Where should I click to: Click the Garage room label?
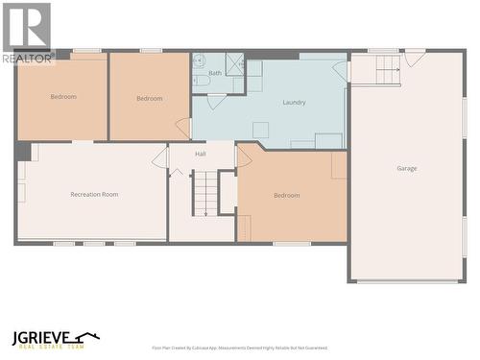[x=407, y=168]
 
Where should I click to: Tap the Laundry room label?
[x=294, y=103]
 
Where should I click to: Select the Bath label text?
[x=215, y=73]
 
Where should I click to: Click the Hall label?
[x=201, y=154]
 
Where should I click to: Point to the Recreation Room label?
[x=94, y=195]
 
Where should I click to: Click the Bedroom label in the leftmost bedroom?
[x=63, y=97]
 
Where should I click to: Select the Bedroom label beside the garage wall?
[x=286, y=196]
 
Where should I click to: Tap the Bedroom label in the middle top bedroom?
[x=149, y=98]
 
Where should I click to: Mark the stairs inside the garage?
[x=387, y=69]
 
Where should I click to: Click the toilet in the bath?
[x=199, y=61]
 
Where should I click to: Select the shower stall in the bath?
[x=234, y=63]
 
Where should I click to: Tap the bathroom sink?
[x=202, y=81]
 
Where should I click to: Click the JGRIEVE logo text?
[x=54, y=339]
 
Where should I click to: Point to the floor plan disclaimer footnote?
[x=239, y=348]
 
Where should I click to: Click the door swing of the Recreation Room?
[x=160, y=158]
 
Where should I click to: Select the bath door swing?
[x=217, y=101]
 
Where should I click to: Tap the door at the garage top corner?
[x=414, y=58]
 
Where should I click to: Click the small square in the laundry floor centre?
[x=260, y=130]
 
